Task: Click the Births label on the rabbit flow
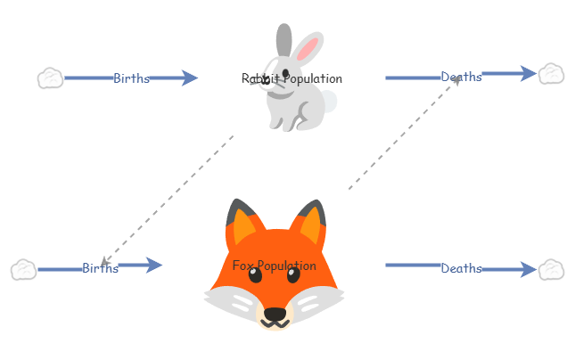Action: coord(131,78)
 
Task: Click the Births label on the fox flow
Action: coord(100,268)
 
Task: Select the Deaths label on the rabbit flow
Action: coord(461,77)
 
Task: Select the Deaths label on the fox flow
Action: coord(461,268)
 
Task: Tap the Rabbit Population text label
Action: coord(292,78)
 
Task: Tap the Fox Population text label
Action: coord(274,266)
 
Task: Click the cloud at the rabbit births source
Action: coord(50,78)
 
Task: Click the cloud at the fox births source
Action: coord(23,269)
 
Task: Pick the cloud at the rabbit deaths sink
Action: coord(551,73)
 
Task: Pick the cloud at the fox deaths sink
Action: coord(551,269)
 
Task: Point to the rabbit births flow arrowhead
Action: coord(188,78)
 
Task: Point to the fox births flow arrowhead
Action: coord(153,265)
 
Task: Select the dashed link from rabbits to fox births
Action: coord(169,199)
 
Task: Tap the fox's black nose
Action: coord(275,314)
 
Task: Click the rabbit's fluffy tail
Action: coord(328,101)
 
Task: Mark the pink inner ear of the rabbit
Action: coord(308,49)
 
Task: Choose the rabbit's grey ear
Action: coord(283,40)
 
